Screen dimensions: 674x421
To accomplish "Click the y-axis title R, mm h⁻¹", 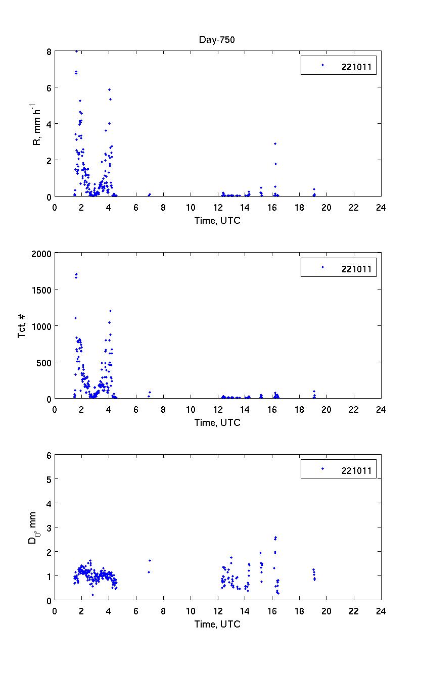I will coord(37,124).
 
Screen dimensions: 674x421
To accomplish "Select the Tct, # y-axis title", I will coord(22,326).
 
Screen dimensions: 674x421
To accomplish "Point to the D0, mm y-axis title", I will coord(32,527).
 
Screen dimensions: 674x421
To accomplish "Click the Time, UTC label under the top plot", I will coord(217,220).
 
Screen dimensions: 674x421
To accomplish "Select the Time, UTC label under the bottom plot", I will coord(217,624).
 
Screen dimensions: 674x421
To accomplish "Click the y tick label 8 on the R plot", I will coord(49,52).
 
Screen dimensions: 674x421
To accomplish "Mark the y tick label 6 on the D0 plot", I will coord(49,455).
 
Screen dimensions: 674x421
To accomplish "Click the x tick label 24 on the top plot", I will coord(381,207).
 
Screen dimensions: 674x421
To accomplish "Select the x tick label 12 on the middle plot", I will coord(218,409).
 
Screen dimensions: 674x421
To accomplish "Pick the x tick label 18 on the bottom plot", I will coord(299,611).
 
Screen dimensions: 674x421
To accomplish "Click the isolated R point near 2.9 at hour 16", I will coord(275,143).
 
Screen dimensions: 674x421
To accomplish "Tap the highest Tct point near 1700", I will coord(76,274).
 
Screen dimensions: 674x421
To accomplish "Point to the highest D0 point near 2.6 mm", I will coord(275,537).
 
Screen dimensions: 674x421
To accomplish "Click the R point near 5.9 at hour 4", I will coord(109,89).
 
